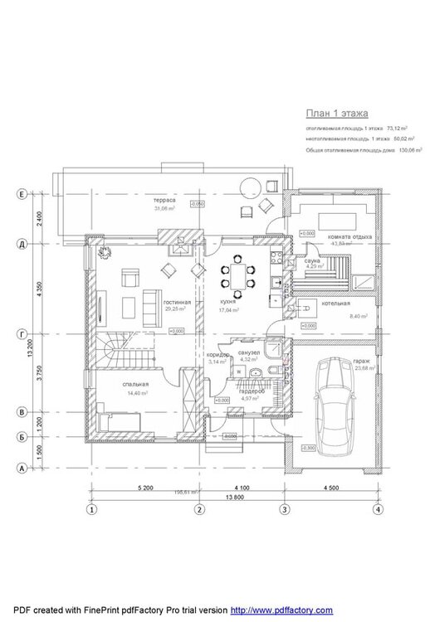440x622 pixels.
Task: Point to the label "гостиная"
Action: tap(177, 303)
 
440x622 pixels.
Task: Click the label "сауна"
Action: tap(311, 260)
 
